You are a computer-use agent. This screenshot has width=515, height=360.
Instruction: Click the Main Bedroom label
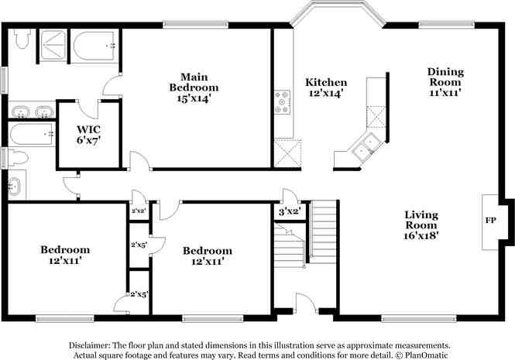(x=194, y=87)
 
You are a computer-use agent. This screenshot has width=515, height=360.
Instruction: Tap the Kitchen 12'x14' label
(x=325, y=87)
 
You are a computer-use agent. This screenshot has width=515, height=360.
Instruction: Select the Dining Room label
(x=445, y=77)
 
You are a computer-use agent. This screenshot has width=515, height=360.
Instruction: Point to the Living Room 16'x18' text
(x=421, y=225)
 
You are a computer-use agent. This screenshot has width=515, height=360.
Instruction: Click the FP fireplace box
(x=490, y=221)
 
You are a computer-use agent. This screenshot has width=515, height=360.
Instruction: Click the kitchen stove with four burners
(x=282, y=102)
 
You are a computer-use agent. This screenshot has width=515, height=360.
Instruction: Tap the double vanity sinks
(x=30, y=110)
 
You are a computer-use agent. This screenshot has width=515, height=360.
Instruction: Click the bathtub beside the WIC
(x=32, y=133)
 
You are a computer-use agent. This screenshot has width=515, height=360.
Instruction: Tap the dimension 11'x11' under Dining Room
(x=445, y=92)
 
